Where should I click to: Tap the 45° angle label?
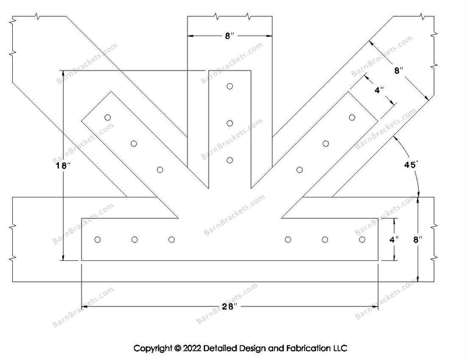coord(411,165)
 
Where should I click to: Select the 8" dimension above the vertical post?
coord(229,36)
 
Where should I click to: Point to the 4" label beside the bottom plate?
coord(394,239)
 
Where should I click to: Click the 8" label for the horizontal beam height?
coord(417,239)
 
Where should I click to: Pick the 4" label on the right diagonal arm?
coord(379,90)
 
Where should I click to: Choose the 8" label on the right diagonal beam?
coord(398,70)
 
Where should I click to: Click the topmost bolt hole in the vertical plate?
coord(230,87)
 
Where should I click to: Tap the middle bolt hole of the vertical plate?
coord(230,123)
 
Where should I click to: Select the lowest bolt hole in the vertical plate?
coord(230,160)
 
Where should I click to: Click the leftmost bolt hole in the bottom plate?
coord(97,239)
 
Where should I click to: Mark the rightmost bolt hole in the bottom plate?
coord(362,239)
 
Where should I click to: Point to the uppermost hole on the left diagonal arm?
coord(108,118)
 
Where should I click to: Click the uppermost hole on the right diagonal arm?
coord(352,118)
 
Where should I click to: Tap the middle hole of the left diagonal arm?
coord(134,144)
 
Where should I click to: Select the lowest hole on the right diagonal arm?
coord(299,170)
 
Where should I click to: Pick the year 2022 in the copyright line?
coord(192,348)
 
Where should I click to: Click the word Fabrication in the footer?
coord(308,348)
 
